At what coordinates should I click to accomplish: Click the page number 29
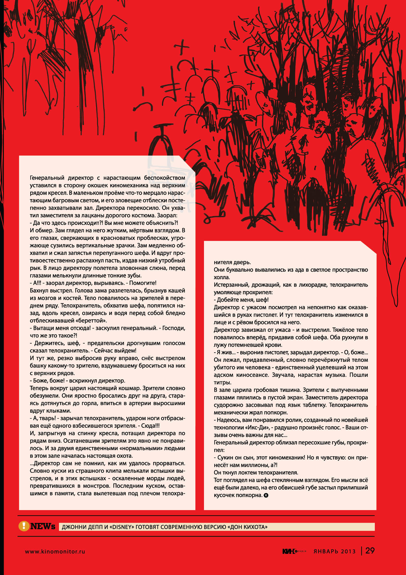(370, 551)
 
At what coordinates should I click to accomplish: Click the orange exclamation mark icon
(24, 526)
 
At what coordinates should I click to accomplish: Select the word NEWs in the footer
(43, 526)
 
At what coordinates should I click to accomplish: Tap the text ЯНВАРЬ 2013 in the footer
(335, 551)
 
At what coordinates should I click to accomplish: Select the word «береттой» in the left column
(94, 321)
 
